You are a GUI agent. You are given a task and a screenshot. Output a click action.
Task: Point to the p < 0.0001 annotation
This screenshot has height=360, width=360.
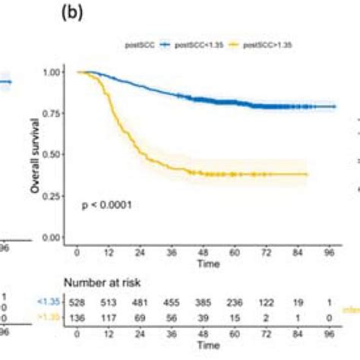coord(106,205)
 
